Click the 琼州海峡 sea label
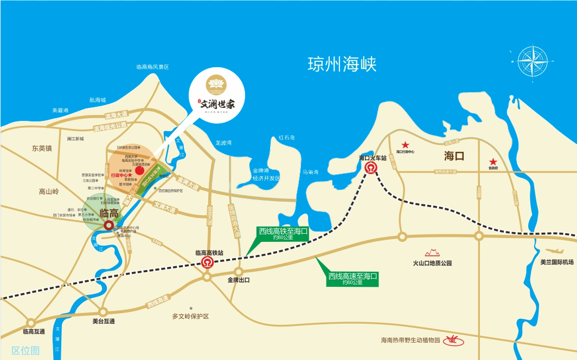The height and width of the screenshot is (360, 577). tap(342, 64)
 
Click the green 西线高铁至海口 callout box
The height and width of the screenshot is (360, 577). tap(283, 234)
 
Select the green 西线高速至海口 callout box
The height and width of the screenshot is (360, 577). tap(352, 279)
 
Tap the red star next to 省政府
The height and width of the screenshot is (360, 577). tap(493, 162)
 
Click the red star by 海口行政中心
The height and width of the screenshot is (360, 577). tap(405, 145)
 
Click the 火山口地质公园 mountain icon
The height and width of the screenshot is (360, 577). tap(432, 253)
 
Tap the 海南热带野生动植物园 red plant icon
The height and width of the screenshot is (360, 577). tap(451, 340)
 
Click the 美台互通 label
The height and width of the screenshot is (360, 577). tap(104, 322)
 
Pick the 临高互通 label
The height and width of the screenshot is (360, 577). tap(34, 331)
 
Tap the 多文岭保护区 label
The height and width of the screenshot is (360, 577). tap(190, 316)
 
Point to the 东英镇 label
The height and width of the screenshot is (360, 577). tap(41, 148)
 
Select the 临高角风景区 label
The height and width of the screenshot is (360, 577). tap(153, 67)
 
